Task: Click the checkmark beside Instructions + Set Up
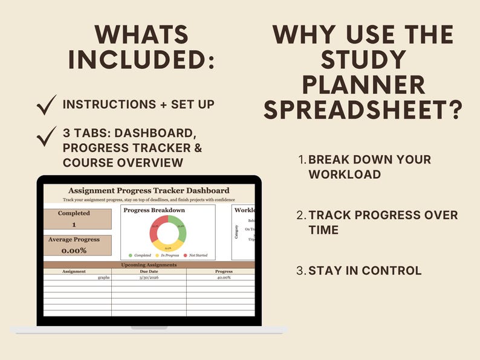[x=47, y=105]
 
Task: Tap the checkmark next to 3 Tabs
[x=47, y=137]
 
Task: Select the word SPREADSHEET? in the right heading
[x=363, y=110]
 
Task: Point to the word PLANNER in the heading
[x=363, y=85]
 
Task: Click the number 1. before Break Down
[x=302, y=160]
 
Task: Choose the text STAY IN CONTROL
[x=365, y=271]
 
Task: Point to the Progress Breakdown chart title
[x=154, y=210]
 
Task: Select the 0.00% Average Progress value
[x=74, y=250]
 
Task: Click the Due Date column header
[x=149, y=272]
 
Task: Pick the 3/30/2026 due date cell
[x=149, y=278]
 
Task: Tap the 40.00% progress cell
[x=224, y=278]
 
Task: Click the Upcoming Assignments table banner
[x=149, y=265]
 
